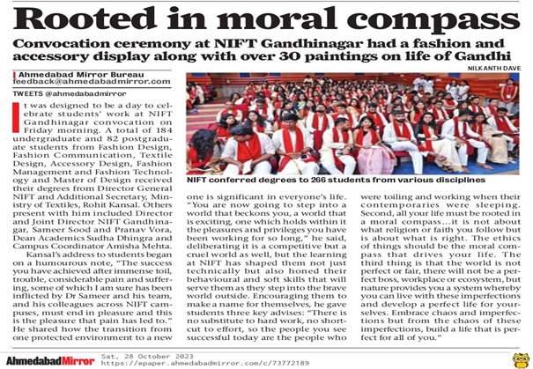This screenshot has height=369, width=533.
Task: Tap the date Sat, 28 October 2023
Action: click(x=191, y=355)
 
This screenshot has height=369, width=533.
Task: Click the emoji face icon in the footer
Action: click(x=519, y=358)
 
